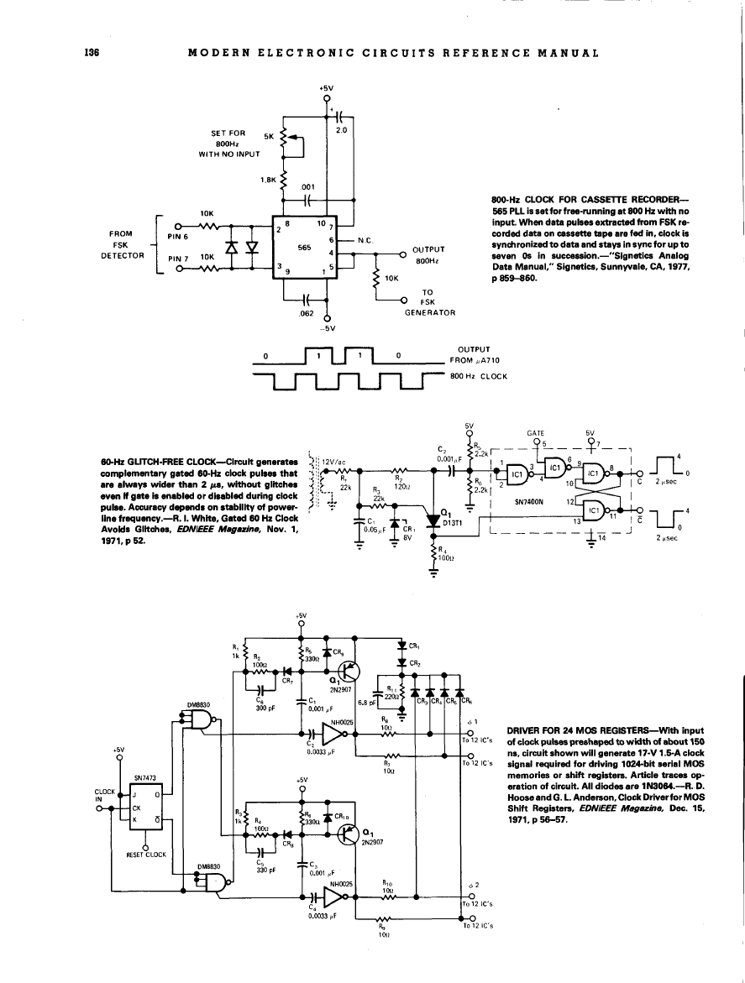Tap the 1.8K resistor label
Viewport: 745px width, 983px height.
270,179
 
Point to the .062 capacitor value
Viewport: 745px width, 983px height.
295,314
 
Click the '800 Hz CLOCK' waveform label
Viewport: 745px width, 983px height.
480,375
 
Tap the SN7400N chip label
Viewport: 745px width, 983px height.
529,505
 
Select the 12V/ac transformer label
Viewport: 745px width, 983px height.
336,460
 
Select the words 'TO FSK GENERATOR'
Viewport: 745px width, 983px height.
428,302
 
